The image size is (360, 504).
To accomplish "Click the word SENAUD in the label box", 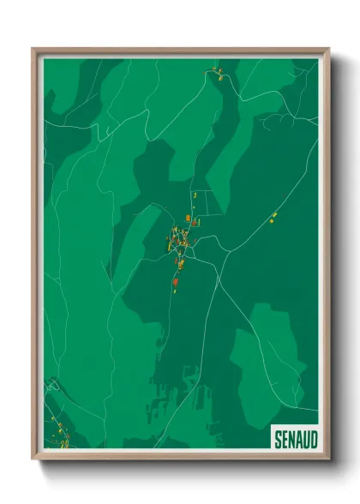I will tap(295, 439).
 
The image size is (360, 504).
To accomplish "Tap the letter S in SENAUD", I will tap(278, 439).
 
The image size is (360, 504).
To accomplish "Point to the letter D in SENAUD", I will tap(313, 439).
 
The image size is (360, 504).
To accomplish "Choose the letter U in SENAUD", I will tap(305, 439).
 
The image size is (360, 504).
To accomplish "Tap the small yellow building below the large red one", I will tap(175, 291).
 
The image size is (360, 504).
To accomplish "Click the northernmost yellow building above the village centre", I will tap(195, 195).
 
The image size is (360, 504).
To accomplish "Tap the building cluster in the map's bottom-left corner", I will tap(58, 434).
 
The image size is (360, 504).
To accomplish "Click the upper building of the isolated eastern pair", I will tap(274, 214).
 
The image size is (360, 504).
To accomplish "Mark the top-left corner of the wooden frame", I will tap(34, 50).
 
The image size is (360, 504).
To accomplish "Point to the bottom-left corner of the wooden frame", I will tap(34, 458).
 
